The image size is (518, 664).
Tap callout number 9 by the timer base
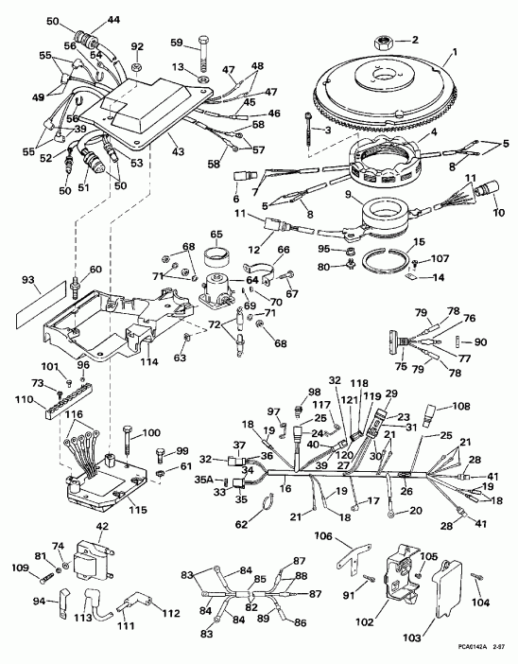348,196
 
